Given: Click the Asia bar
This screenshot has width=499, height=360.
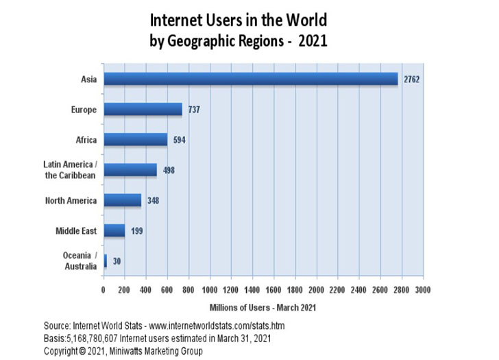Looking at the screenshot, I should click(x=250, y=80).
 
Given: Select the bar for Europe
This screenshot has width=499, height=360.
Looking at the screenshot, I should click(x=143, y=110).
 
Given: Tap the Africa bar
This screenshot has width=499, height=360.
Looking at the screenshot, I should click(x=135, y=140).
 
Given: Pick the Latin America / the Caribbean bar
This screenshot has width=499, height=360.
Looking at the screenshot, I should click(x=130, y=170).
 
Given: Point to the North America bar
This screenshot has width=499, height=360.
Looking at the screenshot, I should click(x=122, y=200).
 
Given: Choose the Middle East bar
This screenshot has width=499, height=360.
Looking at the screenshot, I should click(x=114, y=230).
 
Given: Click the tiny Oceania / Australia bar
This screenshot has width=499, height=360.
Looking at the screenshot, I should click(x=105, y=261).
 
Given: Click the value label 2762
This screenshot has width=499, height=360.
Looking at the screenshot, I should click(x=411, y=80).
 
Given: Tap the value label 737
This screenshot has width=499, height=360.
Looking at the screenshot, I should click(x=195, y=110).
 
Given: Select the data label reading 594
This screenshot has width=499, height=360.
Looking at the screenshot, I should click(x=180, y=140).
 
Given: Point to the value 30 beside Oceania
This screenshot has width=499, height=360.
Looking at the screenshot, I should click(x=117, y=261).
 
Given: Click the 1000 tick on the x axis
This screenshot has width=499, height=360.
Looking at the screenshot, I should click(x=210, y=289).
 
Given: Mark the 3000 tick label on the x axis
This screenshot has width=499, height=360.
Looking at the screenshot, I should click(x=423, y=289).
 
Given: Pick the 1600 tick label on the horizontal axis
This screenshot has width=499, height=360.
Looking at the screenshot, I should click(x=274, y=289).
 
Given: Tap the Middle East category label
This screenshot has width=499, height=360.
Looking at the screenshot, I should click(x=76, y=230).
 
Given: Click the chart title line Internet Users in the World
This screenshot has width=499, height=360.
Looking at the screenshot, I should click(x=239, y=19).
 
